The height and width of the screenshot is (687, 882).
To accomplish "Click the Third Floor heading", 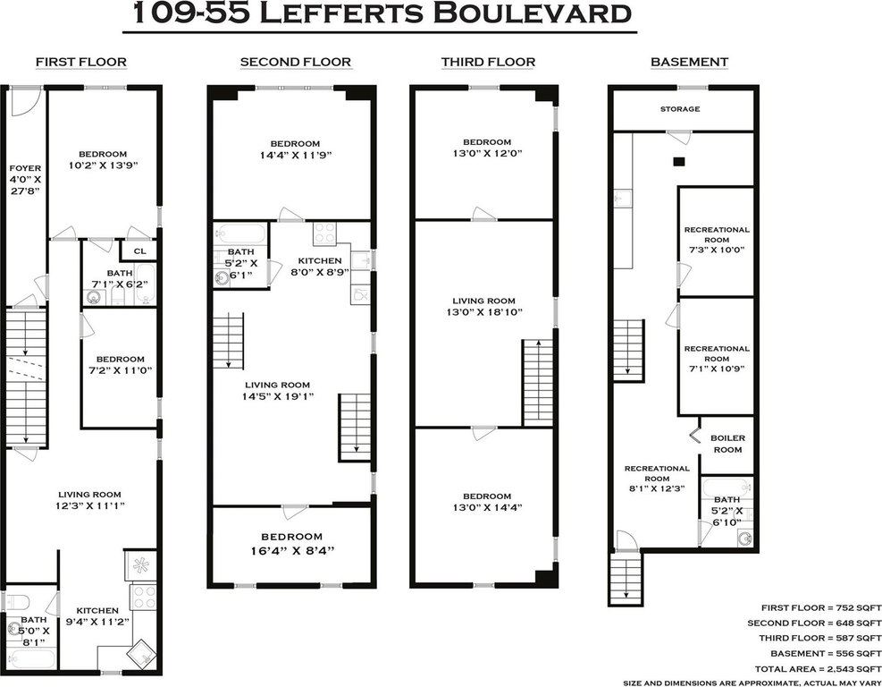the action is tap(488, 62).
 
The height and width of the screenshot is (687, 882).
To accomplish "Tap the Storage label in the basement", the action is tap(680, 108).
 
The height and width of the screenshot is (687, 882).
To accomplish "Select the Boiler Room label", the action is tap(727, 444).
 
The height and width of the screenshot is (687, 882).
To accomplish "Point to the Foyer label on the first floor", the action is tap(25, 168).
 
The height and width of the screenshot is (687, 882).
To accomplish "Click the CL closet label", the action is tap(139, 251).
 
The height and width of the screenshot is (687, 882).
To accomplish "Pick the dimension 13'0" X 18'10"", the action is tap(484, 312).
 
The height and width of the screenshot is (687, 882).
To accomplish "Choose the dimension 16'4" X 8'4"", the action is tap(292, 550).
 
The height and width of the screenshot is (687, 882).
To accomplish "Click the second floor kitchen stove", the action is tap(324, 233).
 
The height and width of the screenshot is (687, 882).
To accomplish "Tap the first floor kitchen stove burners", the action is tap(143, 597).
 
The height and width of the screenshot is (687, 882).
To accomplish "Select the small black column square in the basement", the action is tap(679, 162).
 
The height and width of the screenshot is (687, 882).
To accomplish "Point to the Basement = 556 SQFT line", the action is tap(826, 653).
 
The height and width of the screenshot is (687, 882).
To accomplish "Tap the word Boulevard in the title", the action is tap(532, 13).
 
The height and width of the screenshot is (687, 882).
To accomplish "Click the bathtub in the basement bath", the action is tap(727, 487).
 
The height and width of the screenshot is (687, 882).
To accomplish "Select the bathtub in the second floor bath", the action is tap(241, 233).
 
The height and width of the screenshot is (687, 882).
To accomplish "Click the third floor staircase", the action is tap(538, 382).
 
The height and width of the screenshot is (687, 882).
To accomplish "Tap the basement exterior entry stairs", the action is tap(625, 579).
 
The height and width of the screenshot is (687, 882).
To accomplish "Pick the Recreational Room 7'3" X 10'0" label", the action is tap(717, 240).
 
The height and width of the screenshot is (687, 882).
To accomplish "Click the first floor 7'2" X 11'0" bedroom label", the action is tap(120, 364).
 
